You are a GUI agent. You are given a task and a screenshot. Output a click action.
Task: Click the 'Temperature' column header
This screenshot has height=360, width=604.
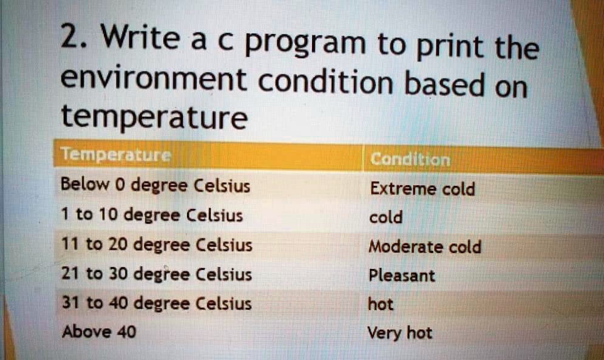[x=116, y=157]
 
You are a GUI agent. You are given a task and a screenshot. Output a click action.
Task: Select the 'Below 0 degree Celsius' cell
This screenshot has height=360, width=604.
[x=155, y=185]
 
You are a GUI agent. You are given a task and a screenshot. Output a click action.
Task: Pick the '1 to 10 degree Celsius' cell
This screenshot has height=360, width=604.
[x=152, y=214]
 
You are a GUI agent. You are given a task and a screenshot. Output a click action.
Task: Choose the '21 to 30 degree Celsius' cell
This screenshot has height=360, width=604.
[x=156, y=274]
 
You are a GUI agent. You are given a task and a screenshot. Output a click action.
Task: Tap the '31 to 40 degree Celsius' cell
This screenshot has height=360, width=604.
[x=156, y=302]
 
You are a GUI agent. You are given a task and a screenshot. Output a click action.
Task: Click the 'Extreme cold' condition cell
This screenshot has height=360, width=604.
[x=422, y=189]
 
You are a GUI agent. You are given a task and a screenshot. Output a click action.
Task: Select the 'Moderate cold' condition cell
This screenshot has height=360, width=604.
[x=425, y=247]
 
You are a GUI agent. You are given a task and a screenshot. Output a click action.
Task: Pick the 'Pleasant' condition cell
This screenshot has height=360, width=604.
[x=402, y=276]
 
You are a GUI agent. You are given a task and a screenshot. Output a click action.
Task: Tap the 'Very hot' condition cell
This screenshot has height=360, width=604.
[x=400, y=333]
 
